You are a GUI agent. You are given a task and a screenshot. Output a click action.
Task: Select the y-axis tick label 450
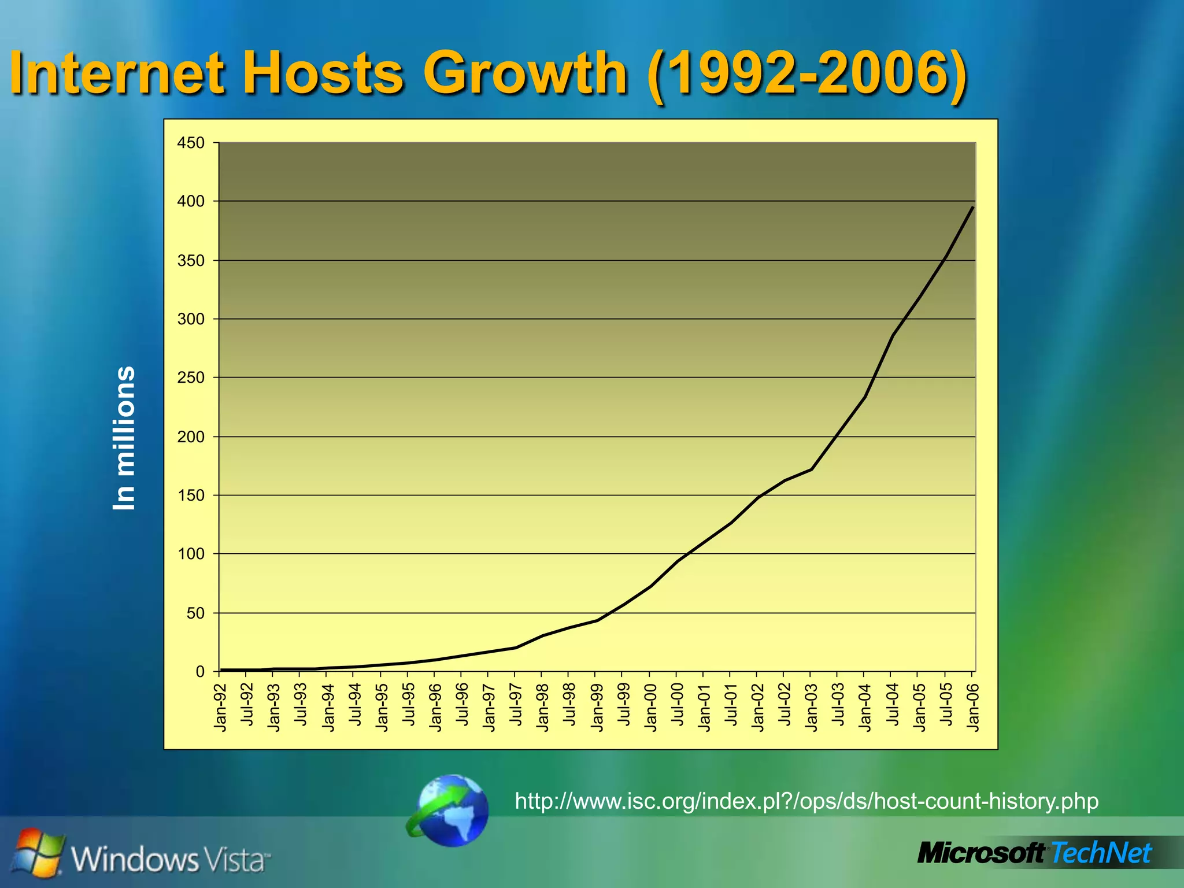pos(191,143)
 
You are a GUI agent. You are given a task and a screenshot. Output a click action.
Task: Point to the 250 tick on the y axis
pos(191,378)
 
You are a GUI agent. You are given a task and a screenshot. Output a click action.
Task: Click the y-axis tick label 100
pos(191,554)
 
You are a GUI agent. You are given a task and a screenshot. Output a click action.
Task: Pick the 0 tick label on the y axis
pos(200,671)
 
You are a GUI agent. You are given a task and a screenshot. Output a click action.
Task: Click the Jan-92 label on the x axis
pos(220,707)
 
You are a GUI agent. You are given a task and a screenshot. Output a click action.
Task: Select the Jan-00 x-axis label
pos(650,707)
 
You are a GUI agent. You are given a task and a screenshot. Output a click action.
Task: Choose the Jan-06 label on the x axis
pos(973,707)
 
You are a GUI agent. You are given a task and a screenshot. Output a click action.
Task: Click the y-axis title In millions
pos(124,438)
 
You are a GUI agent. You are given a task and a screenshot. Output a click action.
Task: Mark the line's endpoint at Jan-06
pos(973,208)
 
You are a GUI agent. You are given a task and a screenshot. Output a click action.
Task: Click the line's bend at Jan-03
pos(812,469)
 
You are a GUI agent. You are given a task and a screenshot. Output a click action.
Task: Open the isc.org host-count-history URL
pos(806,801)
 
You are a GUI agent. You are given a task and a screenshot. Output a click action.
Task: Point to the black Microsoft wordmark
pos(982,853)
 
